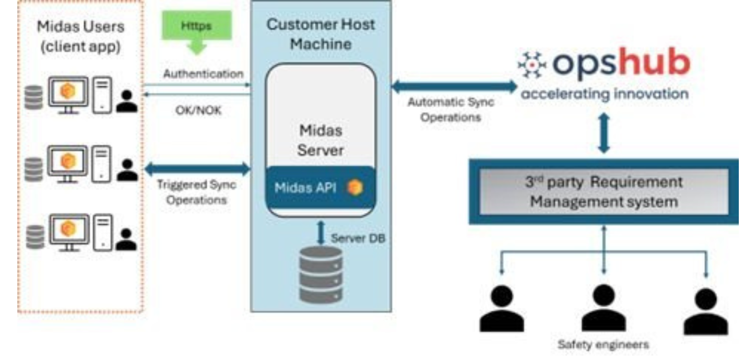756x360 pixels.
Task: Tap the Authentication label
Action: (x=203, y=74)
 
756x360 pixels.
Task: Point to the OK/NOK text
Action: (x=198, y=110)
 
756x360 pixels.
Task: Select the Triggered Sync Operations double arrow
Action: (x=197, y=168)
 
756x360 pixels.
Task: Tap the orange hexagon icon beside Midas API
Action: (x=355, y=187)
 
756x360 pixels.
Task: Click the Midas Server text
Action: (x=321, y=140)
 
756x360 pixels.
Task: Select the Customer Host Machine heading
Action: (x=321, y=34)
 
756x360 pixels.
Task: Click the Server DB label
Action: (x=357, y=238)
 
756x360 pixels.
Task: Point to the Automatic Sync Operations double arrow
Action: (x=454, y=86)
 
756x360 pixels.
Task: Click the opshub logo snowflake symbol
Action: (x=531, y=64)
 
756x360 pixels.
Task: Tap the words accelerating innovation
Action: (x=604, y=94)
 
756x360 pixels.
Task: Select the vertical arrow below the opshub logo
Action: (x=604, y=133)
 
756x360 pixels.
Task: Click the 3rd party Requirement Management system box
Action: (x=604, y=192)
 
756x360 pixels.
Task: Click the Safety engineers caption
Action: (x=603, y=344)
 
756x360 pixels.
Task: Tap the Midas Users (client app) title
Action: (x=80, y=36)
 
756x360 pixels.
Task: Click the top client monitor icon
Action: (x=68, y=94)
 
